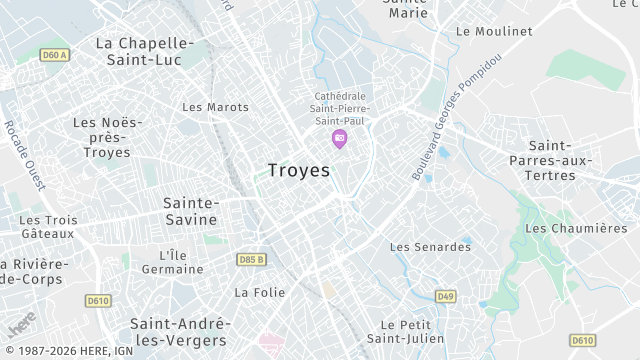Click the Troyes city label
299,171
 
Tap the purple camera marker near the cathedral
339,138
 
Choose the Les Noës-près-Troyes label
107,137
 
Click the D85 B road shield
252,260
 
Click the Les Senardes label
430,247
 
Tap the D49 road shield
445,296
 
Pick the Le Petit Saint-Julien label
406,331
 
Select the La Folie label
259,293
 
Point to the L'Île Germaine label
172,262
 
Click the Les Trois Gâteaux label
47,226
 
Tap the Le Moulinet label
493,31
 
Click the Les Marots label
216,107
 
